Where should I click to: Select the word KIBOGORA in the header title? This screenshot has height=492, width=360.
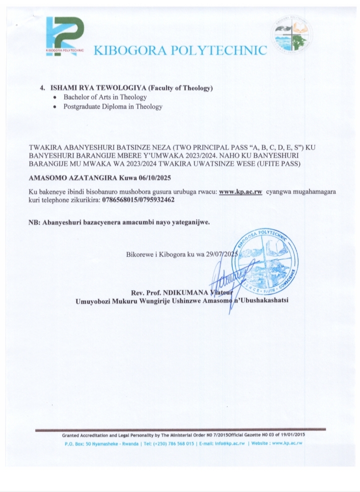(129, 50)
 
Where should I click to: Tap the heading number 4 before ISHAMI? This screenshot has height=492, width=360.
(42, 88)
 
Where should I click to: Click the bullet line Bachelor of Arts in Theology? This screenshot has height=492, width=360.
(104, 97)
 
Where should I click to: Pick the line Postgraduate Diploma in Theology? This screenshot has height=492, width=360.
(112, 106)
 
